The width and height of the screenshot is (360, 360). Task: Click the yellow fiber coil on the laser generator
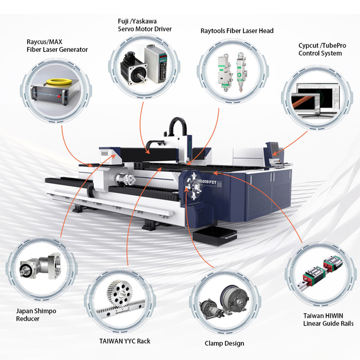57,82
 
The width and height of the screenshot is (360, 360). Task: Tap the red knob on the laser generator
59,96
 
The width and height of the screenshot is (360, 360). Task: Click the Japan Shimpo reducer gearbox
40,266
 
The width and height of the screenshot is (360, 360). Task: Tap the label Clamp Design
224,344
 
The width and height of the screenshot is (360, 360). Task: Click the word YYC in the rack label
130,341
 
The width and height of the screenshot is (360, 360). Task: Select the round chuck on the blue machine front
193,186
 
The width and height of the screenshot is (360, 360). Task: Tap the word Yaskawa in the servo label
145,21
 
